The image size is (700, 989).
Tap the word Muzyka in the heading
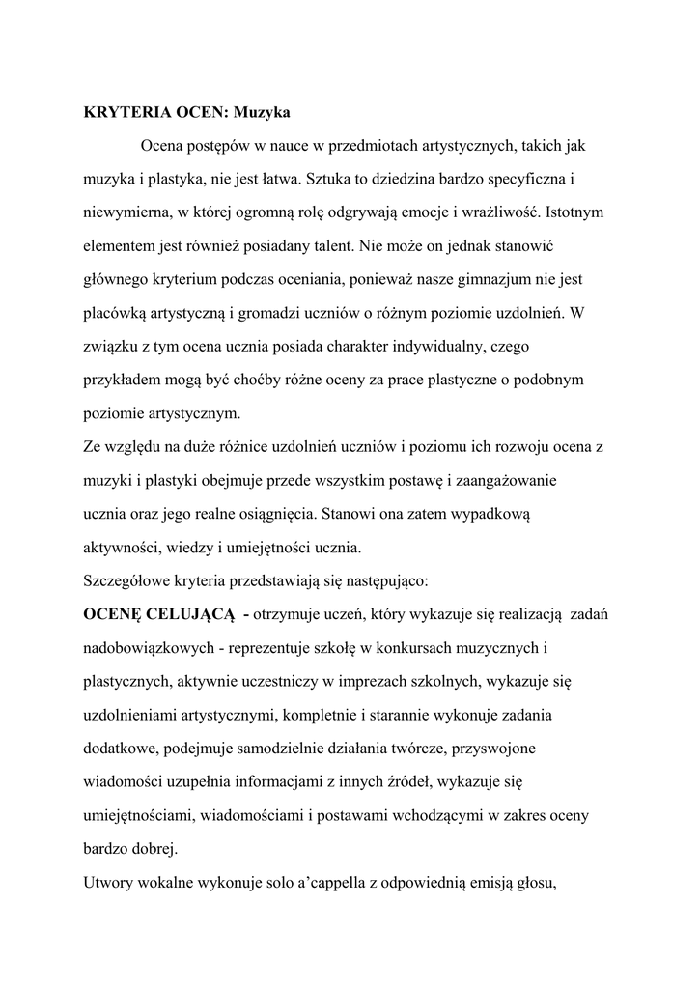(x=262, y=112)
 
